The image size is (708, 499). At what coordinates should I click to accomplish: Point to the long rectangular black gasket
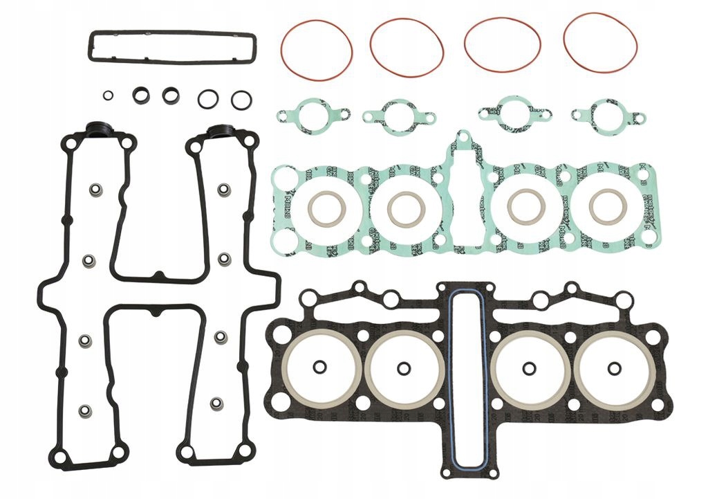[171, 33]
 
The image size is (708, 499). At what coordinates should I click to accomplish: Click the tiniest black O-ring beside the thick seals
[108, 96]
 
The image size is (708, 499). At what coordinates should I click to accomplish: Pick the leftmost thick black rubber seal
[141, 96]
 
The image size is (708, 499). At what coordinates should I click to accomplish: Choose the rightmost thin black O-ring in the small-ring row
[241, 100]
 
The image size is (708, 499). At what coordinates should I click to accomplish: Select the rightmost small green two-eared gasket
[608, 115]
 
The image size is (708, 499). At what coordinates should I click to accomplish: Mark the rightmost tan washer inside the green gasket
[608, 206]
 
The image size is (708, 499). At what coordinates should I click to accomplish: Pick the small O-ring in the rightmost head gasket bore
[613, 368]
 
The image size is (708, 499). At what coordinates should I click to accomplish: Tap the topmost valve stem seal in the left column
[95, 190]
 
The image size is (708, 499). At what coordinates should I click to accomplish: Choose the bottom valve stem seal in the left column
[85, 411]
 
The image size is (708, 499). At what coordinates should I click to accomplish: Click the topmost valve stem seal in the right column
[224, 189]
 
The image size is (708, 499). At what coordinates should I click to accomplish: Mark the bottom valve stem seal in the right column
[217, 403]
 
